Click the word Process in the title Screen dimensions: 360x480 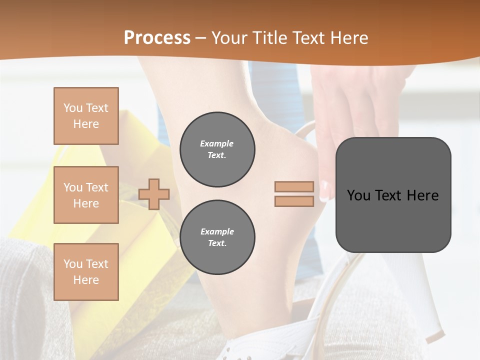click(x=157, y=38)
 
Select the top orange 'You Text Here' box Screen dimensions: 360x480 click(x=86, y=116)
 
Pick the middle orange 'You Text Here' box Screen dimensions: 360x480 click(x=86, y=195)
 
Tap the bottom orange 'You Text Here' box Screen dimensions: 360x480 click(x=86, y=272)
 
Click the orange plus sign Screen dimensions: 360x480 click(x=154, y=194)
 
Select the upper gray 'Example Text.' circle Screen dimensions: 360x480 click(x=217, y=149)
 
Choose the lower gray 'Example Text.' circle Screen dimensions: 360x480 click(x=217, y=237)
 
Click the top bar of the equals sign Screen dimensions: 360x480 click(x=294, y=187)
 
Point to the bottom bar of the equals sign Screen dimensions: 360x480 click(x=294, y=201)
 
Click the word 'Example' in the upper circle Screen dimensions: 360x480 click(x=217, y=144)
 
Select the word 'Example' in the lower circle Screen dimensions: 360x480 click(x=217, y=232)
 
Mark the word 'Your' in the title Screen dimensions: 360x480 click(x=228, y=38)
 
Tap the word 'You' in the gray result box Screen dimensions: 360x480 click(x=358, y=195)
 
